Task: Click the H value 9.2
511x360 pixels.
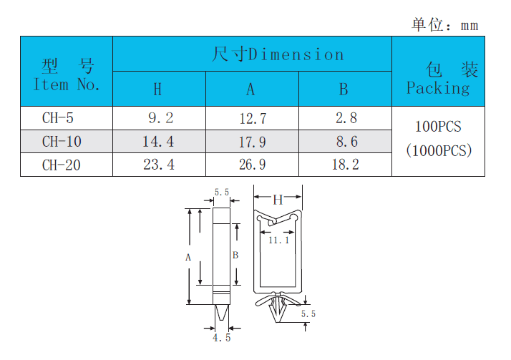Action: [159, 118]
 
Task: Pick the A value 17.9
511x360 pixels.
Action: [252, 142]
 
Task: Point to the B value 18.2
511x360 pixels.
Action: [344, 165]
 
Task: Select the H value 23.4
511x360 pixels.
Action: [159, 165]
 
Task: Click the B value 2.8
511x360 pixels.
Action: [346, 118]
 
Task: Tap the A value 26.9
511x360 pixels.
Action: [252, 165]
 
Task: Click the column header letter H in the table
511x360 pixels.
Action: [158, 89]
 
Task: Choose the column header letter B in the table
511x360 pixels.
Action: [344, 89]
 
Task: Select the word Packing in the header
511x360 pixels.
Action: [438, 88]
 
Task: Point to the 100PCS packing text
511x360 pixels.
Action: [438, 127]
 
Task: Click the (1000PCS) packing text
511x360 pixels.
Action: [438, 151]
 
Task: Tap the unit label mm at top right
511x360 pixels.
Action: [469, 26]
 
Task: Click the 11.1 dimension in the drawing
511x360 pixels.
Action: [278, 240]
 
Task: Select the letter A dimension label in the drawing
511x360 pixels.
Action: [188, 256]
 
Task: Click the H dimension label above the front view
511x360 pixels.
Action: [278, 200]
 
